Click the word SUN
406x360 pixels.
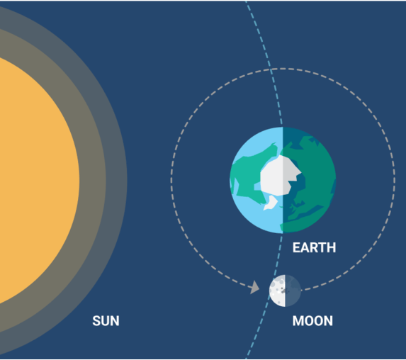[x=106, y=321]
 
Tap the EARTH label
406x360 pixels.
[x=314, y=247]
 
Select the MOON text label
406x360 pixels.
[x=312, y=321]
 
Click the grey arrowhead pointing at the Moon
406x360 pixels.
[x=255, y=287]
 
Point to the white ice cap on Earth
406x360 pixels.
[x=280, y=176]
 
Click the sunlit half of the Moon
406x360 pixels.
[x=278, y=291]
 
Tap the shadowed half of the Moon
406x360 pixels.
[x=293, y=291]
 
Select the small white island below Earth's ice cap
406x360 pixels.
[x=270, y=203]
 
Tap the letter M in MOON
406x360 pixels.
[x=298, y=321]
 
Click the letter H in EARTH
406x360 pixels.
[x=331, y=247]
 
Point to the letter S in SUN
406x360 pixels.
[x=96, y=321]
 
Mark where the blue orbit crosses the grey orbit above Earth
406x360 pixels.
[x=271, y=69]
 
